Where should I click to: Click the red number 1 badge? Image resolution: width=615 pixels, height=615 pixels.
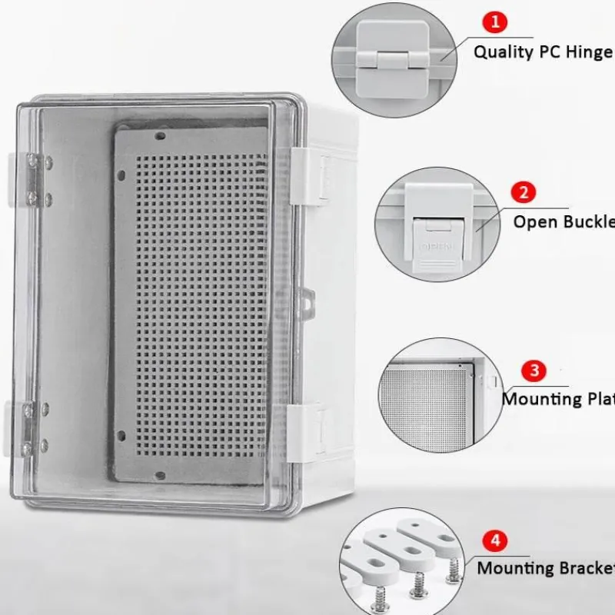[x=495, y=21]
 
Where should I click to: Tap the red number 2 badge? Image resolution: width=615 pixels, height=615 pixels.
[x=524, y=192]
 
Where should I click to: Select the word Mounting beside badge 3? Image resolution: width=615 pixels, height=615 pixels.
[x=542, y=399]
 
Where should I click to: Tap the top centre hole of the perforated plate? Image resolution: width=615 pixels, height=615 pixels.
[x=161, y=137]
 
